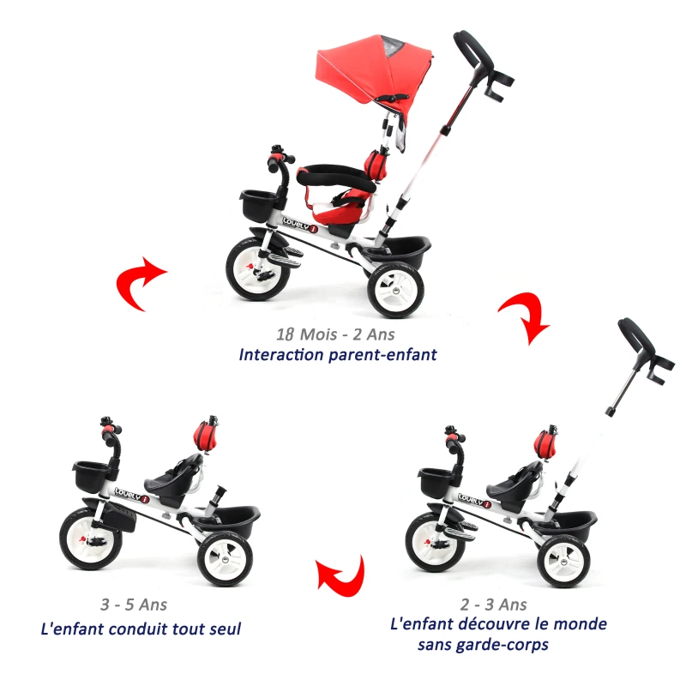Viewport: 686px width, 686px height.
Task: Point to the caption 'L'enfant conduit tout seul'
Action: (x=141, y=629)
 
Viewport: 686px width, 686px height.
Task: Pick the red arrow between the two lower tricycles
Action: (x=340, y=574)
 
